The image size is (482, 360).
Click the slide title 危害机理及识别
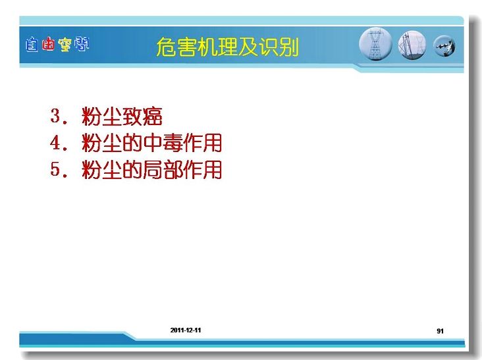(x=227, y=47)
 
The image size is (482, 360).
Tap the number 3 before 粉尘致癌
(x=55, y=116)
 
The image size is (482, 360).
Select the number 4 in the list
(x=55, y=143)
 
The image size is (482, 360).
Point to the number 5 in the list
(x=55, y=169)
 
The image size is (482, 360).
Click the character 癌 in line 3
(x=152, y=116)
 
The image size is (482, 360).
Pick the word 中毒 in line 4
(x=162, y=143)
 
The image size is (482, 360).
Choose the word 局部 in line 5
(x=162, y=170)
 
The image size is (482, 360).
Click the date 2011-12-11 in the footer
(x=186, y=330)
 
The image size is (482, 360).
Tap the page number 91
(x=440, y=331)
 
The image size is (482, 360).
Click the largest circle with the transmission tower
(x=375, y=44)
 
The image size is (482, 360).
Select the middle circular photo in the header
(x=412, y=45)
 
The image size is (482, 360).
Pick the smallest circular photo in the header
(x=444, y=46)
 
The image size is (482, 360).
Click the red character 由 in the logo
(x=48, y=44)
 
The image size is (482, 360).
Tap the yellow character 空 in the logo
(x=65, y=45)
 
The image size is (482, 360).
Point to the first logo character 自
(x=32, y=45)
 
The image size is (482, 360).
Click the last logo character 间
(x=82, y=44)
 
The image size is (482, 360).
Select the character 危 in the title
(x=167, y=47)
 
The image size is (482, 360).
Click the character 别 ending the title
(x=289, y=47)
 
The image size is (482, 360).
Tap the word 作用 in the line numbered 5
(x=201, y=170)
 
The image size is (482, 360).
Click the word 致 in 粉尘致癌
(x=132, y=116)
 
